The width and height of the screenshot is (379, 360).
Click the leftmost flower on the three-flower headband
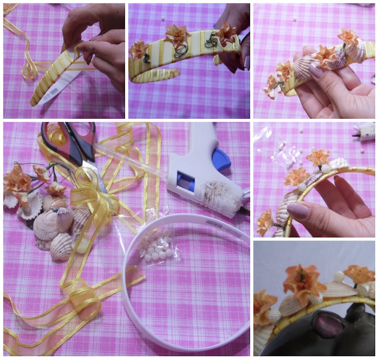click(x=139, y=49)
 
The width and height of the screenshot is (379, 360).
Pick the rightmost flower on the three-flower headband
click(x=225, y=34)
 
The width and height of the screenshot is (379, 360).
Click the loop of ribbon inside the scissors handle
click(x=59, y=137)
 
